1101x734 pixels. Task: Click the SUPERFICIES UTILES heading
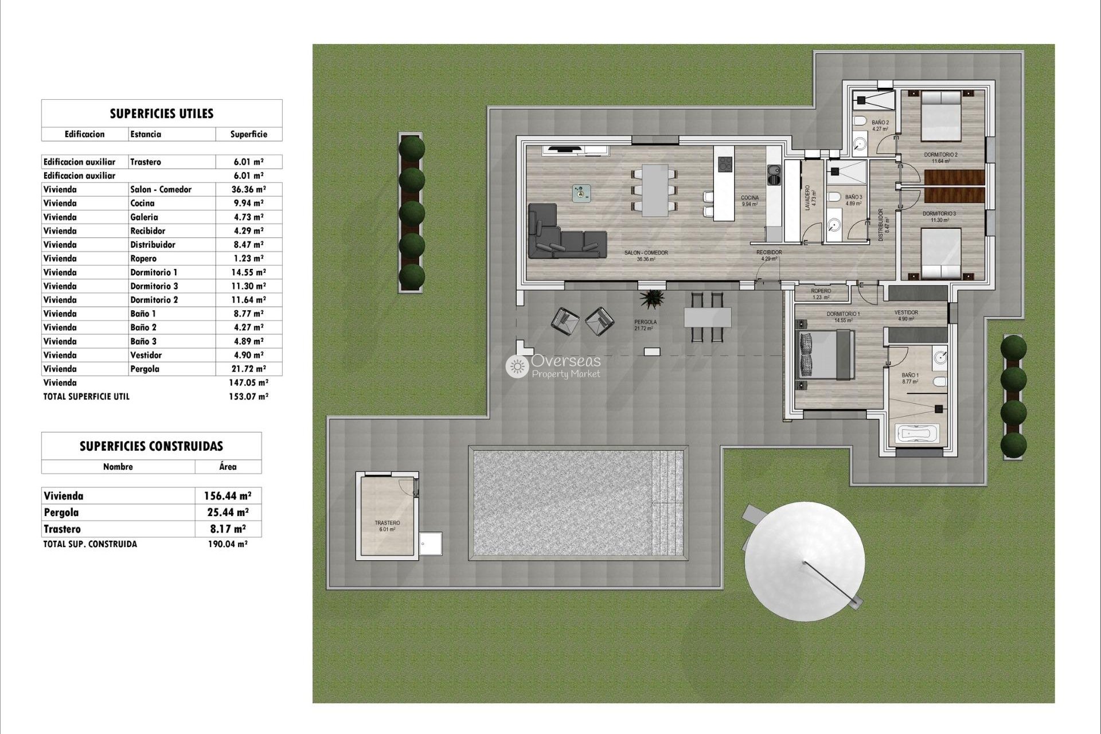pyautogui.click(x=161, y=114)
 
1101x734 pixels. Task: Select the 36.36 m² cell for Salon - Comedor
pyautogui.click(x=248, y=189)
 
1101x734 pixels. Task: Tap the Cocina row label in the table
pyautogui.click(x=142, y=203)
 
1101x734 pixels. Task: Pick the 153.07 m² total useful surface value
pyautogui.click(x=248, y=396)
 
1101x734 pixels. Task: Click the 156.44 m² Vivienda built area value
pyautogui.click(x=228, y=496)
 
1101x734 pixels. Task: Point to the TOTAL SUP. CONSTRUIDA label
pyautogui.click(x=90, y=544)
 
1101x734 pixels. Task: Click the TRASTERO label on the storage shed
pyautogui.click(x=387, y=523)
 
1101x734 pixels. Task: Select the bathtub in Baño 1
pyautogui.click(x=917, y=434)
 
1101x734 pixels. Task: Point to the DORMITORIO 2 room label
pyautogui.click(x=940, y=155)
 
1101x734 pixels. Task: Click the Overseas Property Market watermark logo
pyautogui.click(x=553, y=366)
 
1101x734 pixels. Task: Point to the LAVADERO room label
pyautogui.click(x=807, y=197)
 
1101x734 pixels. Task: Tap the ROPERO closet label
pyautogui.click(x=821, y=291)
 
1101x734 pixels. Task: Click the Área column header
pyautogui.click(x=228, y=467)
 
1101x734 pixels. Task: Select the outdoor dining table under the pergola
pyautogui.click(x=707, y=317)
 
